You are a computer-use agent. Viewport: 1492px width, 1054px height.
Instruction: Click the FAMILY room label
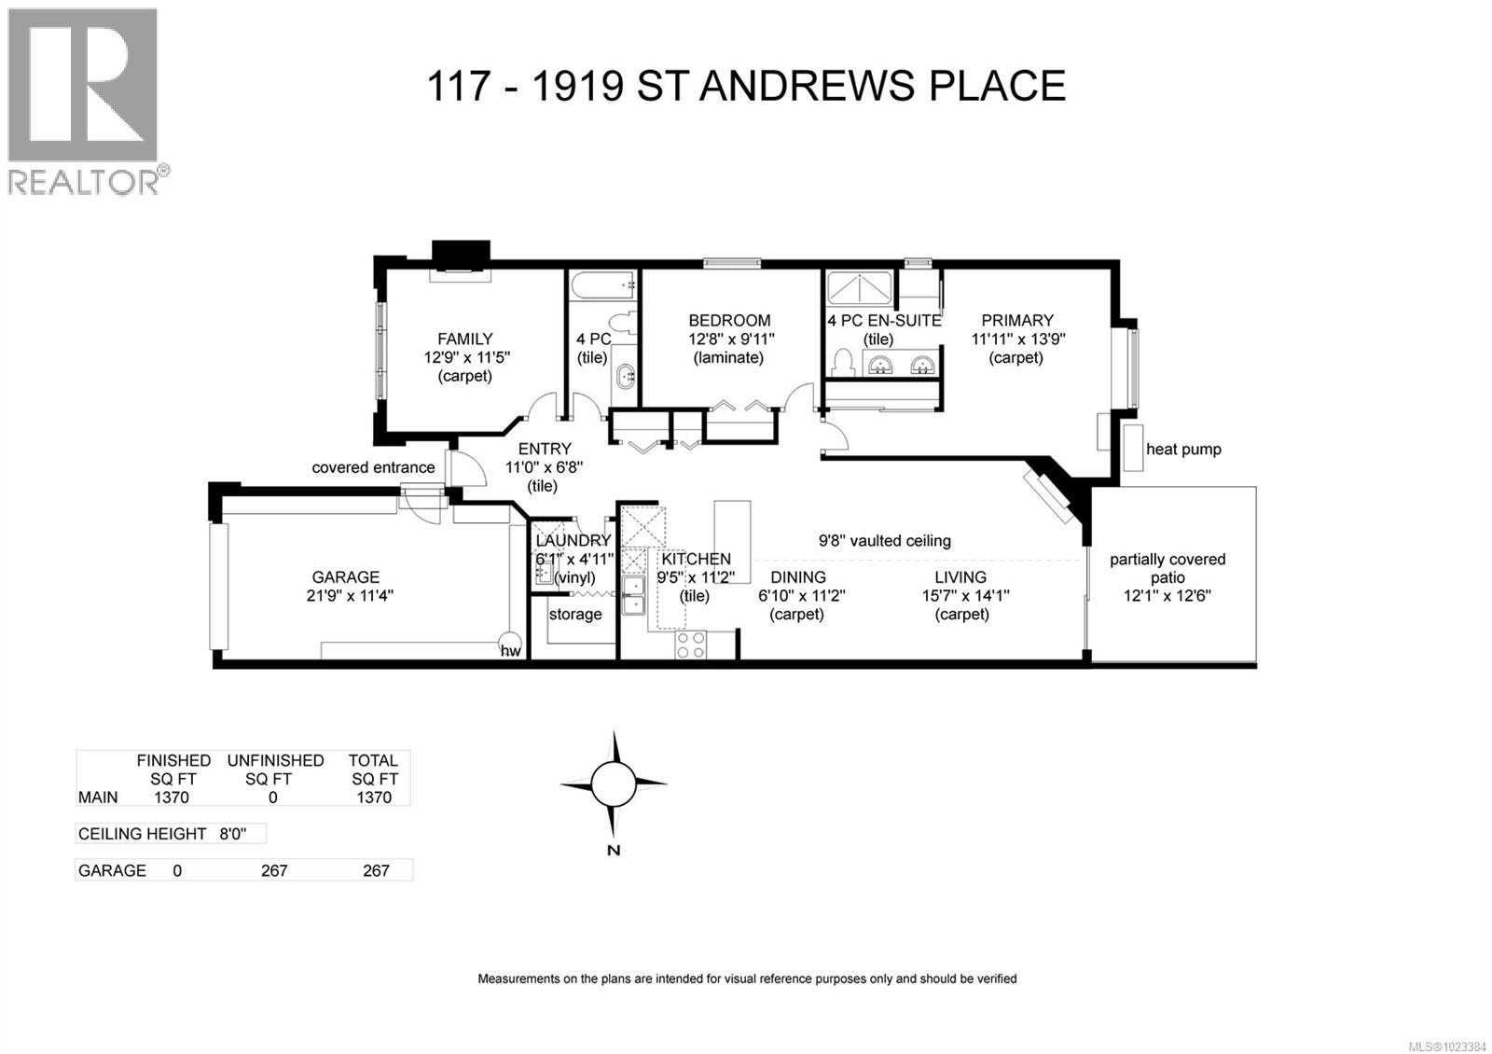[x=464, y=340]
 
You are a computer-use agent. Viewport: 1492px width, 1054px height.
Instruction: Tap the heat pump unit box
[x=1132, y=448]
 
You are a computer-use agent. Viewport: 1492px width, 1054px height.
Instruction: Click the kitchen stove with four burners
[x=691, y=645]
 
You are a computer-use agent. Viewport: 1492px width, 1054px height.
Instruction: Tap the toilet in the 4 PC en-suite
[x=843, y=362]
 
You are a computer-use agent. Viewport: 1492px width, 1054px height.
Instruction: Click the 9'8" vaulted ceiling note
[x=884, y=540]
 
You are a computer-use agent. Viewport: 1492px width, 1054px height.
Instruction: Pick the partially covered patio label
[x=1167, y=568]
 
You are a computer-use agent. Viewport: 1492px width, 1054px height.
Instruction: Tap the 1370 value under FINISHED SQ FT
[x=171, y=797]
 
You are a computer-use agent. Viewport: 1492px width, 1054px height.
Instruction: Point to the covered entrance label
[x=373, y=467]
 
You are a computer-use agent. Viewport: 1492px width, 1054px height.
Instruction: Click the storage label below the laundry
[x=574, y=614]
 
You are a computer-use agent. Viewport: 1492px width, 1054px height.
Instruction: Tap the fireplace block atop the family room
[x=461, y=255]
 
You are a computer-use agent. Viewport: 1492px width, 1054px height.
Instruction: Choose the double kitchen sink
[x=634, y=595]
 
